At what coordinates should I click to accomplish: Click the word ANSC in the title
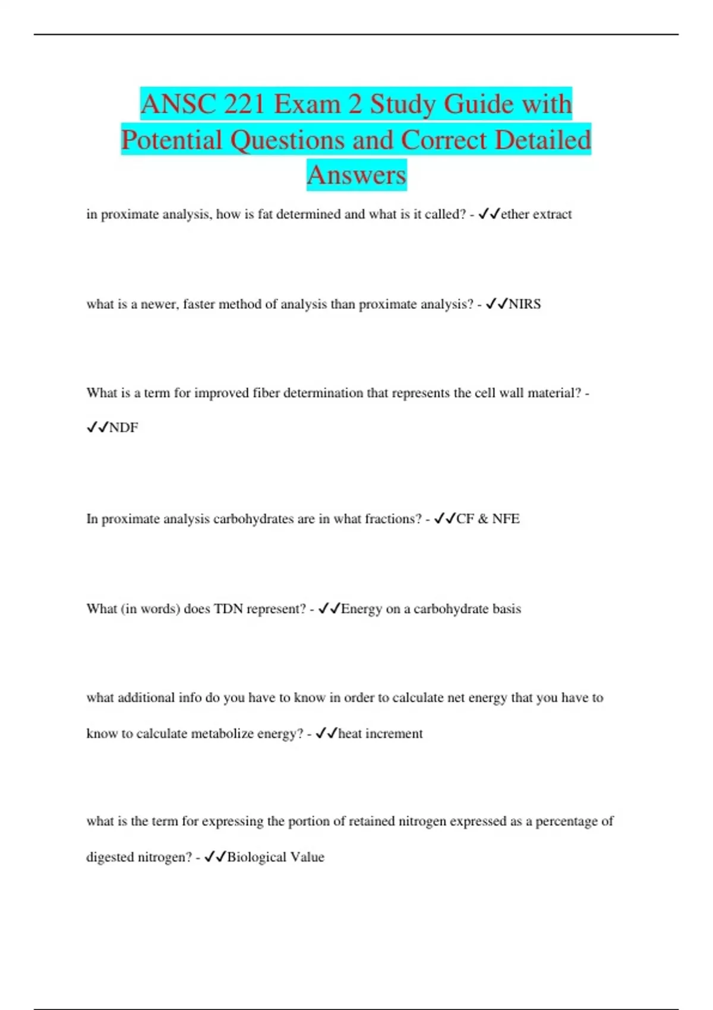coord(178,105)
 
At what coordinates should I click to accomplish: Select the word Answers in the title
coord(356,175)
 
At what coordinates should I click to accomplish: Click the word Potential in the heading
coord(172,140)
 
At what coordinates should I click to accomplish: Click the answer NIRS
coord(525,304)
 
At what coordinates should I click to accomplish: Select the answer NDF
coord(124,428)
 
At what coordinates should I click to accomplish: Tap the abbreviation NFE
coord(506,519)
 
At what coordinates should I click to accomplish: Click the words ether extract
coord(536,214)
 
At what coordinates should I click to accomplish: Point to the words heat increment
coord(380,734)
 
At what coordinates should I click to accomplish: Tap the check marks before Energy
coord(329,609)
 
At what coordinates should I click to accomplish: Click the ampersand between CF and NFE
coord(483,519)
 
